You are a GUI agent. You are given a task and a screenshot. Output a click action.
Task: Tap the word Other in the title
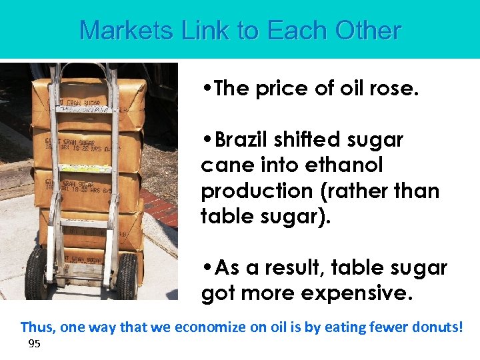(x=368, y=31)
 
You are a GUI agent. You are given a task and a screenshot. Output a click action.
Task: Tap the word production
(x=254, y=191)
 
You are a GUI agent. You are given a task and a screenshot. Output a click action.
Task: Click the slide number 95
(x=35, y=344)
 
